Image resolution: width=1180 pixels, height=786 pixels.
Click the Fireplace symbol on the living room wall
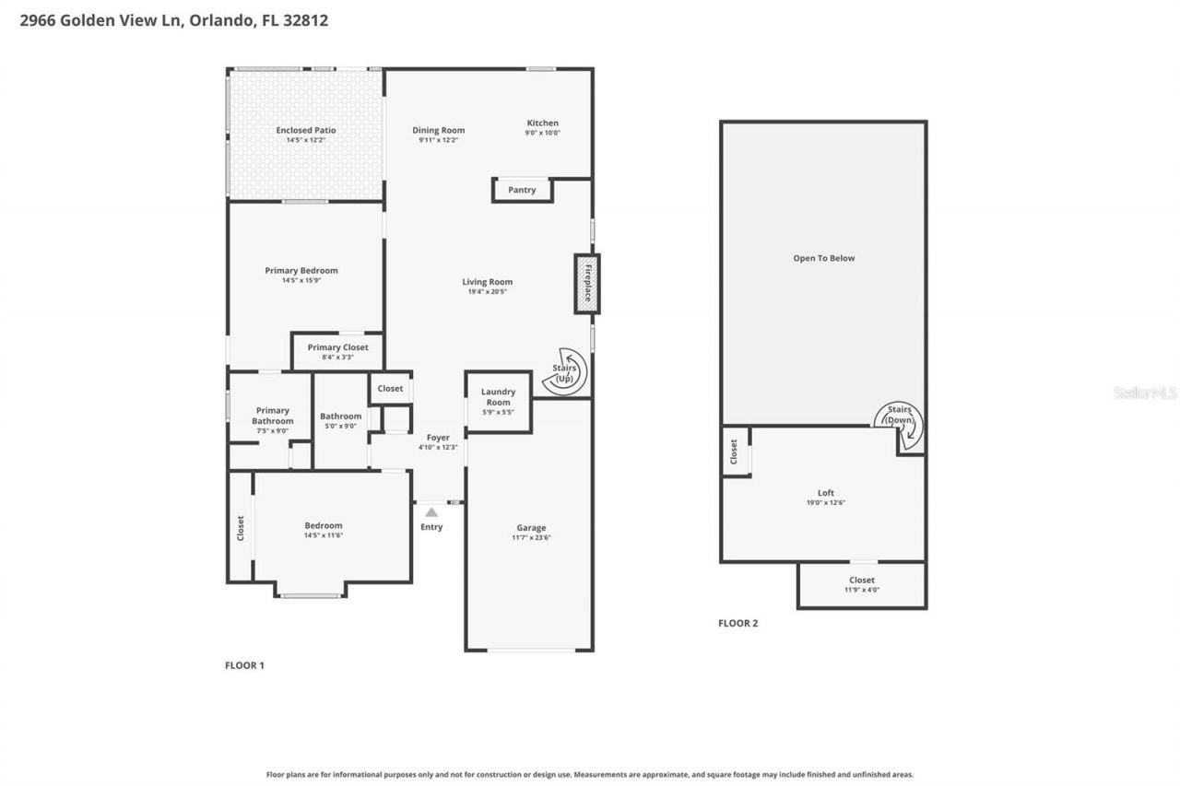[586, 284]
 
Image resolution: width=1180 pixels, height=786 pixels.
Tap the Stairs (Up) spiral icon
[563, 372]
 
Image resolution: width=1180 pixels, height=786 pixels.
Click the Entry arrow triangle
[431, 511]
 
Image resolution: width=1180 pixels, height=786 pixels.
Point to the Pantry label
[522, 190]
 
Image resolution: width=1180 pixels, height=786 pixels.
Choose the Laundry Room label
[498, 396]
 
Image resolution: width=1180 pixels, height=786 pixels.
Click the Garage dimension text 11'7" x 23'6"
[531, 538]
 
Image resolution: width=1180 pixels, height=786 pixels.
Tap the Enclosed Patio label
[306, 130]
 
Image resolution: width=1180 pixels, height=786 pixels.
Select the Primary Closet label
[337, 347]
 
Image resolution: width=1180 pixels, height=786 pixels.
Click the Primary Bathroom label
[273, 416]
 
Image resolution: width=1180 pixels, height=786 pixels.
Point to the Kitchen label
[542, 123]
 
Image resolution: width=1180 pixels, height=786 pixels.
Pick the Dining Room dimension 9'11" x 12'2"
[438, 140]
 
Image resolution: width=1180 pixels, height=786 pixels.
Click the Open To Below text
[824, 258]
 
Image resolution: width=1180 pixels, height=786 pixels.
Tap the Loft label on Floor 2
[825, 493]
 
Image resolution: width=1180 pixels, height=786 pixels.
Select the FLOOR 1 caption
[244, 665]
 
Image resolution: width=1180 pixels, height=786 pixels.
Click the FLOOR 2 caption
[737, 623]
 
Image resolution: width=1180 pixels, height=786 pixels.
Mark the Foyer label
[438, 438]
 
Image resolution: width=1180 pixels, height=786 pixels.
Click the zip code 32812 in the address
[309, 20]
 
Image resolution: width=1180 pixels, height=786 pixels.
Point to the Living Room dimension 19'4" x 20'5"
[488, 292]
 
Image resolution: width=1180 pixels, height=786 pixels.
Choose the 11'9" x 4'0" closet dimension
[862, 590]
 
